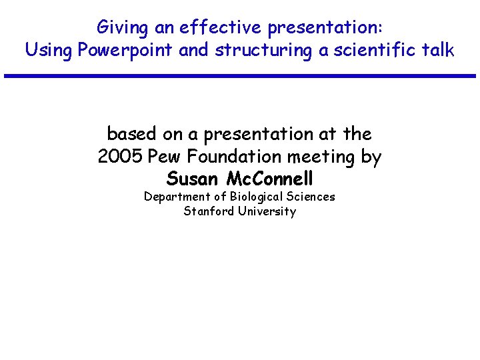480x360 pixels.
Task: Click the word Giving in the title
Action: [x=121, y=27]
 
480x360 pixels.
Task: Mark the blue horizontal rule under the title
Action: [x=240, y=76]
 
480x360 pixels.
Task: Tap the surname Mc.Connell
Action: [x=270, y=179]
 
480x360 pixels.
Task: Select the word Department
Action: [x=177, y=197]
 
